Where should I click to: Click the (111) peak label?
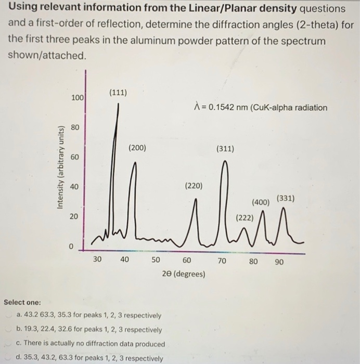118,93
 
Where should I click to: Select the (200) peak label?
137,148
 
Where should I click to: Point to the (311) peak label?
225,149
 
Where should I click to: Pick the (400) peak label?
260,202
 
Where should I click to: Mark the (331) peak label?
286,198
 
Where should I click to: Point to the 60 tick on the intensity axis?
74,157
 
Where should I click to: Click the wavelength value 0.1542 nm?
225,108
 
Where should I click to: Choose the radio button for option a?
11,315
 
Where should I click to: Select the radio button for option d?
11,358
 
